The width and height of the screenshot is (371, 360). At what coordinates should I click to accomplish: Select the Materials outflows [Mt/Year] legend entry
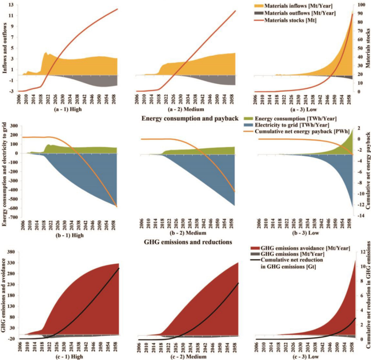[x=300, y=13]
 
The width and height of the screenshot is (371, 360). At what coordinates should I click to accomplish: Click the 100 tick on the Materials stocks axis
[x=360, y=5]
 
